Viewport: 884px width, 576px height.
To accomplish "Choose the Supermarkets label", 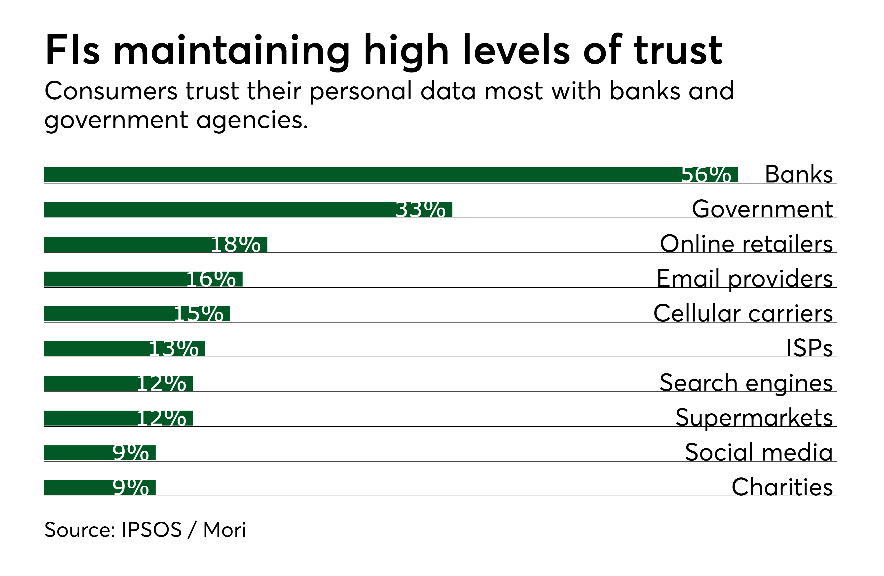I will [754, 418].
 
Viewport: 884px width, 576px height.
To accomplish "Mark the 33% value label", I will [420, 210].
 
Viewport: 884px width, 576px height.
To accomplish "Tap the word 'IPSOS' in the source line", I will [151, 530].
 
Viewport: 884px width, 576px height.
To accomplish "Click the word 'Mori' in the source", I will [224, 530].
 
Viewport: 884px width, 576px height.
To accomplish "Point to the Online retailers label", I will [747, 244].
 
